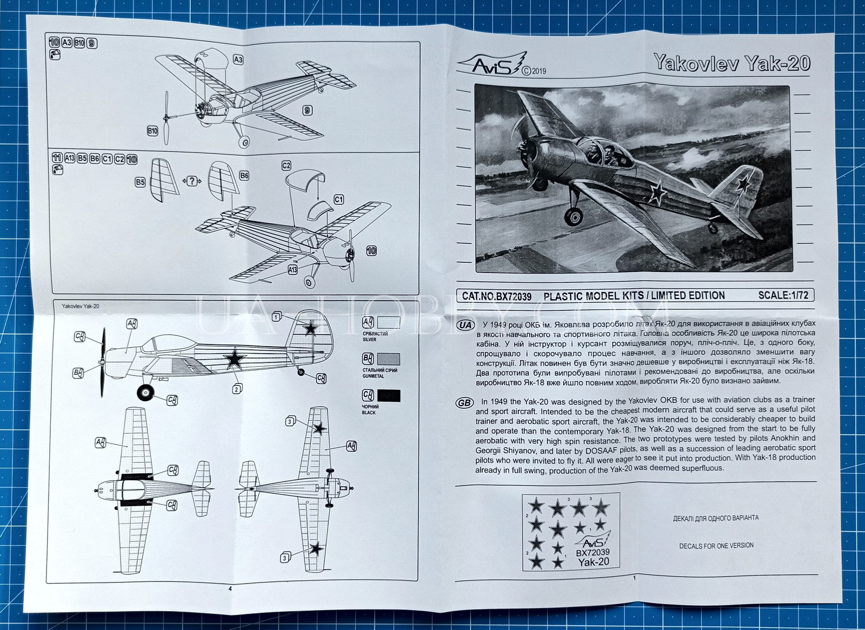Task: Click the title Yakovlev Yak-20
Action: tap(731, 63)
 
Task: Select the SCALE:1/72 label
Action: tap(783, 295)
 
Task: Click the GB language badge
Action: tap(465, 403)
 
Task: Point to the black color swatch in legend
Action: tap(389, 395)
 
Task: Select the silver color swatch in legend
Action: tap(389, 323)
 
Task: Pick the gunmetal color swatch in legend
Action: tap(389, 359)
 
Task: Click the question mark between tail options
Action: tap(191, 181)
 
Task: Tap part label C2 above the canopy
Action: tap(287, 165)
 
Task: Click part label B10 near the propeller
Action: tap(152, 131)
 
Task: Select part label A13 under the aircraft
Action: tap(293, 269)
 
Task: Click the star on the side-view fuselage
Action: tap(234, 359)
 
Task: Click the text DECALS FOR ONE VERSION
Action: tap(716, 546)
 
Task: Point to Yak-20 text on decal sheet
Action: tap(593, 562)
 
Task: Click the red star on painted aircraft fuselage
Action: tap(657, 190)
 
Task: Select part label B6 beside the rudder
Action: tap(244, 176)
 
